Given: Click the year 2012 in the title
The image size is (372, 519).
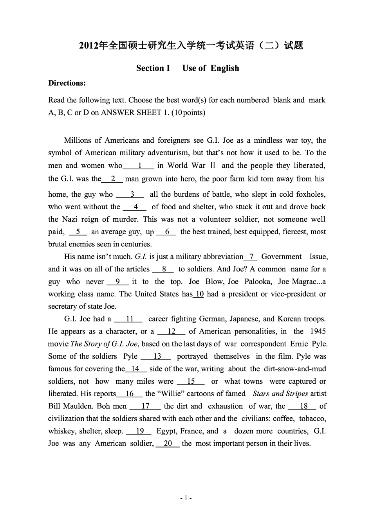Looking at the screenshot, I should tap(88, 46).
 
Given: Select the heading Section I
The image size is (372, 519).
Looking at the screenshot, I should tap(153, 68).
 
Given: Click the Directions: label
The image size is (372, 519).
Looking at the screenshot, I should tap(67, 83).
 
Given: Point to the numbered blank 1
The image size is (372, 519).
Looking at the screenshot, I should tap(139, 165).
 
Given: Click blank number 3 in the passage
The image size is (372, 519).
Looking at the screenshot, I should tap(132, 194).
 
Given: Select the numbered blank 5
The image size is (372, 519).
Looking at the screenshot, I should tap(78, 232).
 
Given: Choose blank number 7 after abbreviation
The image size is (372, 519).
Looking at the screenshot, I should tap(251, 257).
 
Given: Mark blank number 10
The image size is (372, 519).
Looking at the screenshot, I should tap(199, 294).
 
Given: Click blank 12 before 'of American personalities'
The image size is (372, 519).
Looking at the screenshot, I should tap(172, 332).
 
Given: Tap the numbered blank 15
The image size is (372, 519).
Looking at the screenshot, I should tap(191, 381).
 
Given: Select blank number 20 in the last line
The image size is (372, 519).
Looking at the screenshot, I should tap(168, 444).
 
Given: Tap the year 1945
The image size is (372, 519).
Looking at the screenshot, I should tap(318, 332).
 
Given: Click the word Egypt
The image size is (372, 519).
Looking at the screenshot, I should tap(166, 431).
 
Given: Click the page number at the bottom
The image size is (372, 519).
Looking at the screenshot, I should tap(186, 498).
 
